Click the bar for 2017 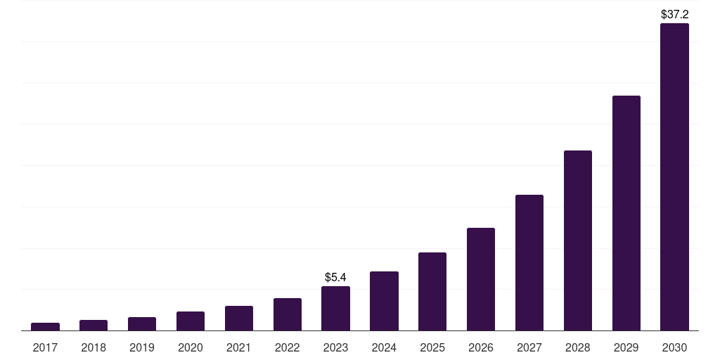click(x=45, y=326)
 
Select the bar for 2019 click(x=142, y=323)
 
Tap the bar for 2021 click(x=239, y=318)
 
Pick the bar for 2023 click(x=335, y=308)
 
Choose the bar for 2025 click(x=432, y=291)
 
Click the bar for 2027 click(x=529, y=262)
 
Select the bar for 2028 click(x=578, y=240)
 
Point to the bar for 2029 click(x=626, y=213)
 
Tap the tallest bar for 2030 click(x=674, y=176)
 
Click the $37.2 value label click(x=674, y=14)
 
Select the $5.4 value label click(x=335, y=277)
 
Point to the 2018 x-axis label click(x=94, y=347)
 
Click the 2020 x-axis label click(x=191, y=347)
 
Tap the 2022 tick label click(x=288, y=347)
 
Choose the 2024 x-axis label click(x=384, y=347)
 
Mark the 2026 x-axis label click(x=481, y=347)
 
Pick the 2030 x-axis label click(x=674, y=347)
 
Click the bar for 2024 click(x=384, y=301)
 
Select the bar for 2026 click(x=481, y=279)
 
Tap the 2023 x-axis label click(x=335, y=347)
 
